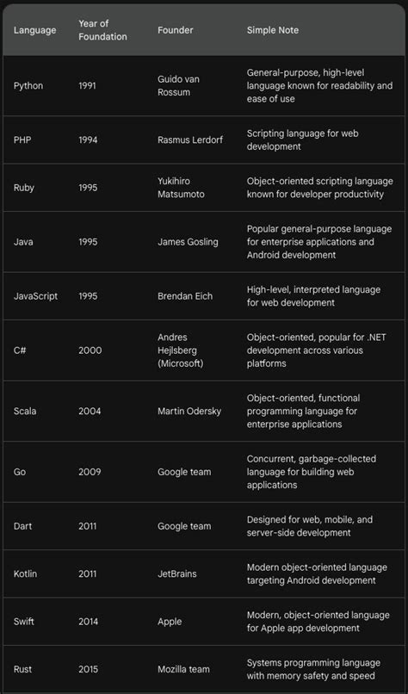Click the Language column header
34,30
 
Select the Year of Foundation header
102,30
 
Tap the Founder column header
175,30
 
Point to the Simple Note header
273,30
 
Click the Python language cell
28,86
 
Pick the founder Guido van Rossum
178,86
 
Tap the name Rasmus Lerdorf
189,139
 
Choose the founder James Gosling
188,243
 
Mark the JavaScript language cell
37,296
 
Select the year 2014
90,623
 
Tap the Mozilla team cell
184,669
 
